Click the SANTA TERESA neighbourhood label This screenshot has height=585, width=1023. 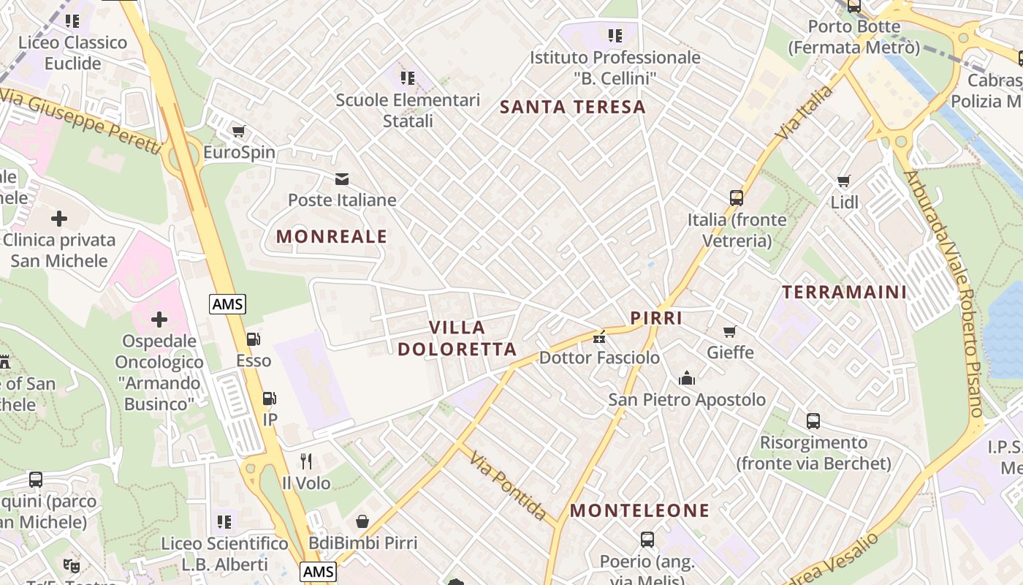click(573, 107)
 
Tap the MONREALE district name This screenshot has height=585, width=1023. click(332, 236)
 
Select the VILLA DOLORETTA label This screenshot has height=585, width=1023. click(457, 338)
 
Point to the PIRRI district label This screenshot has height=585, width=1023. click(656, 318)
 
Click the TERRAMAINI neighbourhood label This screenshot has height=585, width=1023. click(844, 292)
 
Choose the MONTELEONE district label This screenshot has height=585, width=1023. click(639, 510)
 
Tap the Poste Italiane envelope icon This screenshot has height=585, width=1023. click(341, 179)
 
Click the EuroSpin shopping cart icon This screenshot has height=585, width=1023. click(238, 132)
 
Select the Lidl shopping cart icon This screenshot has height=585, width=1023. click(844, 181)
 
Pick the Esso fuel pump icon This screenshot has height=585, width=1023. click(253, 339)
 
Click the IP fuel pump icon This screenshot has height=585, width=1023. click(270, 399)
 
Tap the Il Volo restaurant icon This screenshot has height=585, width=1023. click(306, 461)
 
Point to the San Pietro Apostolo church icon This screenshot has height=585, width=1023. click(686, 378)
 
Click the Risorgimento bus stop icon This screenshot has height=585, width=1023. click(813, 421)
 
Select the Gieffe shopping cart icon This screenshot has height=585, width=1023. click(729, 331)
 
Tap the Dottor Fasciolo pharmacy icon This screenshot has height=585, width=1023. click(599, 337)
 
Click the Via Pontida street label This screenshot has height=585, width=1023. click(508, 486)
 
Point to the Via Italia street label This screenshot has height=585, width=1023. click(805, 113)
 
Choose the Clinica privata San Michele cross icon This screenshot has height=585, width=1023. click(59, 219)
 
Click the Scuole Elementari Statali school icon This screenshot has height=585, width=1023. click(407, 78)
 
